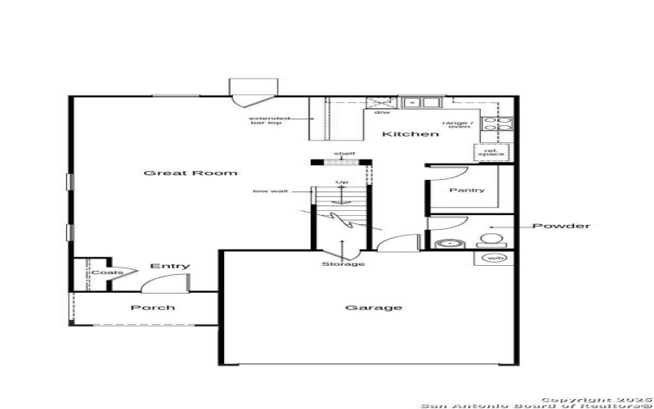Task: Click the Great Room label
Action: click(190, 173)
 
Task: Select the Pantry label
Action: click(467, 190)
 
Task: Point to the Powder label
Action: click(561, 226)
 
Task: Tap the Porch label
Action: click(153, 307)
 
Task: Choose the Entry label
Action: click(170, 266)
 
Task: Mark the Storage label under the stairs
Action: click(343, 263)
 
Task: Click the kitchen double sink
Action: click(422, 103)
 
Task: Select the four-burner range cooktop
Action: click(498, 124)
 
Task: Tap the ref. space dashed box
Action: click(492, 151)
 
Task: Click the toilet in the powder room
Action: click(491, 240)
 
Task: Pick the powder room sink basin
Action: click(448, 243)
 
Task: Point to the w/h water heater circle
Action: click(495, 258)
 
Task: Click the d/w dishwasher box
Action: click(380, 104)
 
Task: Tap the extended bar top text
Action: click(269, 121)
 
